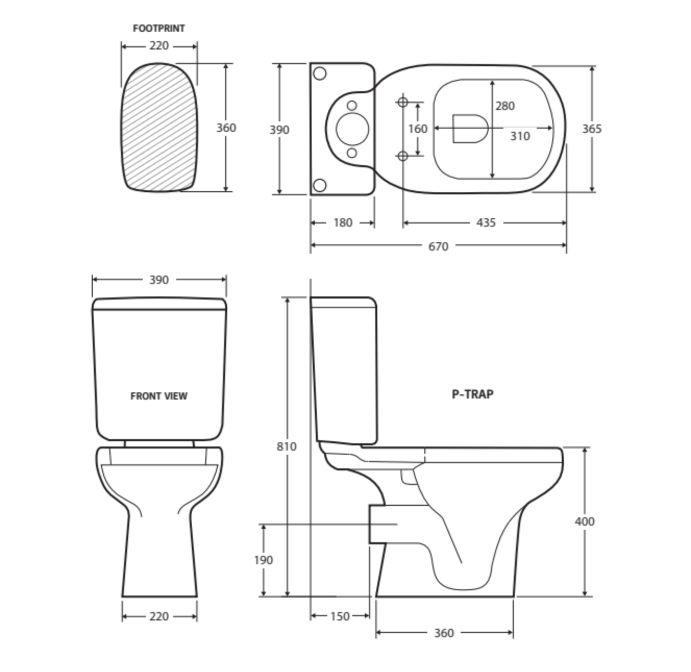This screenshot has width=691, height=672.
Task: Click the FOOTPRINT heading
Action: [x=159, y=29]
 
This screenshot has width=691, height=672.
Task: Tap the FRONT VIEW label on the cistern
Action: [x=159, y=396]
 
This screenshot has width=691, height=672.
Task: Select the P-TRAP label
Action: [x=472, y=394]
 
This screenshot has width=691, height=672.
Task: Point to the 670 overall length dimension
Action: [x=438, y=246]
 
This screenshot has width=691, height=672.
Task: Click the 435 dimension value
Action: [x=485, y=222]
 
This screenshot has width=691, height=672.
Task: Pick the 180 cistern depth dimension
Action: [x=343, y=222]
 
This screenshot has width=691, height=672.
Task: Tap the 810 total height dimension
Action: [x=287, y=446]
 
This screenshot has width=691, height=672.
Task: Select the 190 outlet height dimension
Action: [x=263, y=560]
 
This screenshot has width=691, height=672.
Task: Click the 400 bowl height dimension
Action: [x=585, y=521]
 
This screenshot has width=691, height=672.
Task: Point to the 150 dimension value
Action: [x=340, y=616]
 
